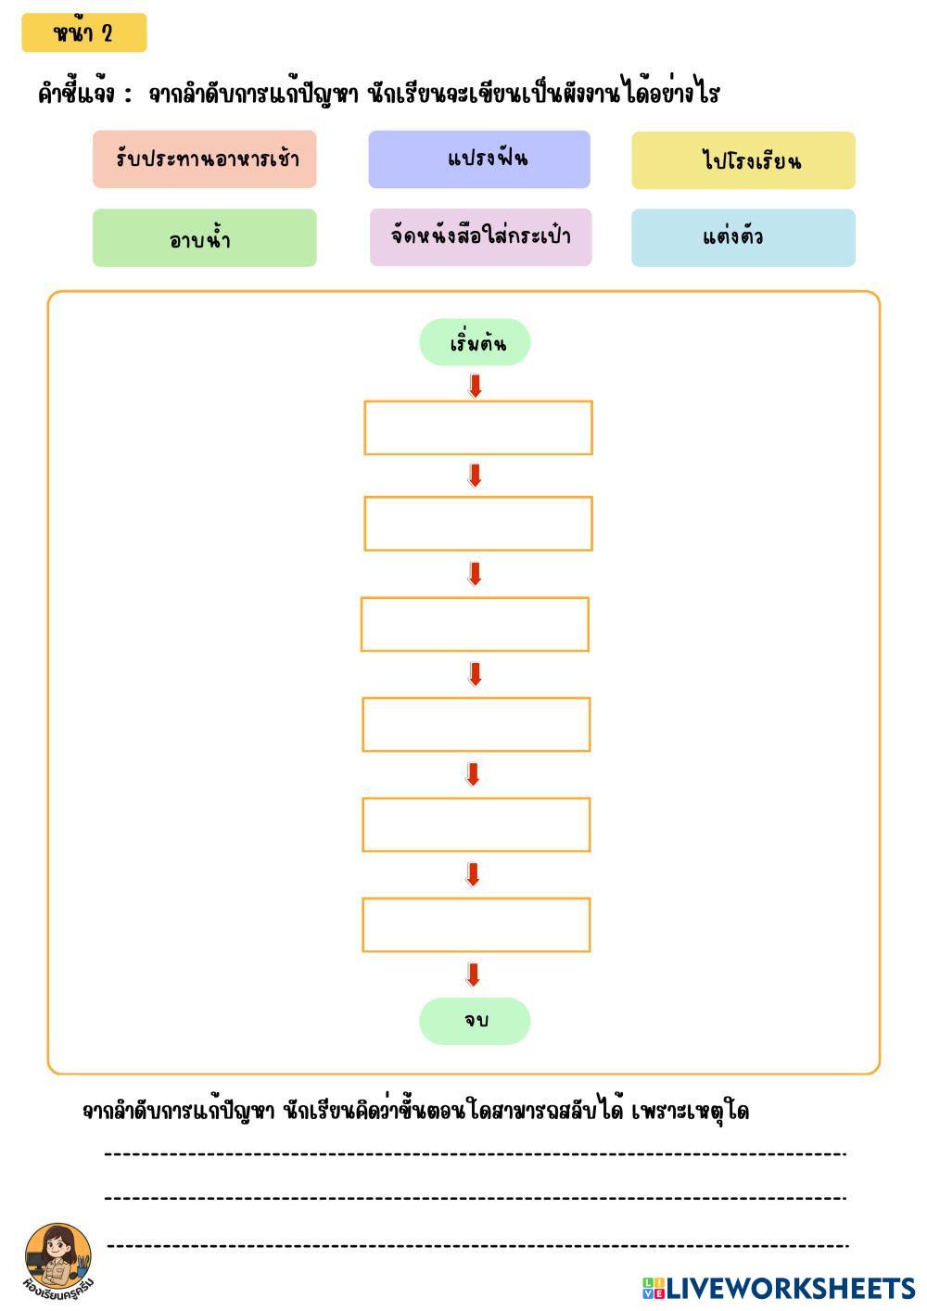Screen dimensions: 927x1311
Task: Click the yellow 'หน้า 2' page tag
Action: point(83,33)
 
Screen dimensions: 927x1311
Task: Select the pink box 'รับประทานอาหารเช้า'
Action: point(204,159)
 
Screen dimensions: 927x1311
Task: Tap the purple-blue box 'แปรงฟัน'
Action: point(479,159)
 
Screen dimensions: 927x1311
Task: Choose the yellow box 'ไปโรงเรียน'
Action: point(743,160)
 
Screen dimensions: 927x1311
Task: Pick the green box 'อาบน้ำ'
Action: point(204,238)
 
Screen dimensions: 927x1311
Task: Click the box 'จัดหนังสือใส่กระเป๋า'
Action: point(480,237)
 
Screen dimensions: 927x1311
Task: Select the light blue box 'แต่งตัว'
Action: point(743,237)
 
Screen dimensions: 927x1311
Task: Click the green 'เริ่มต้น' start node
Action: point(475,343)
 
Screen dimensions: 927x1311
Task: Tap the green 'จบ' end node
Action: point(475,1021)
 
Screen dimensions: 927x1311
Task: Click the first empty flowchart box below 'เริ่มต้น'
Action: point(477,427)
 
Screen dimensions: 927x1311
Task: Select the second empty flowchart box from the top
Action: point(477,524)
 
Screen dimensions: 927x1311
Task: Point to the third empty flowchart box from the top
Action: point(475,624)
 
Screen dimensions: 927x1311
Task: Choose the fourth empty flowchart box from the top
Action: point(476,724)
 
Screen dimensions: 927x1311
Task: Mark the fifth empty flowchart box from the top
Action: point(476,824)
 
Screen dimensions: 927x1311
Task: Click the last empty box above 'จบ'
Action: point(476,924)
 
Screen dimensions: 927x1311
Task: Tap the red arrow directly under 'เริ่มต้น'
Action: point(476,386)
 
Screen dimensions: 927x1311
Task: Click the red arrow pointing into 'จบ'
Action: point(473,974)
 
